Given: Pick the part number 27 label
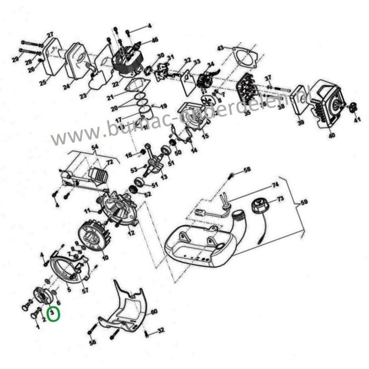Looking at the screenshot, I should pyautogui.click(x=51, y=35).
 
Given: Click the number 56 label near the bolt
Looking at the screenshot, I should pyautogui.click(x=93, y=342).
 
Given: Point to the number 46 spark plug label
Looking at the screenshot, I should pyautogui.click(x=154, y=40).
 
